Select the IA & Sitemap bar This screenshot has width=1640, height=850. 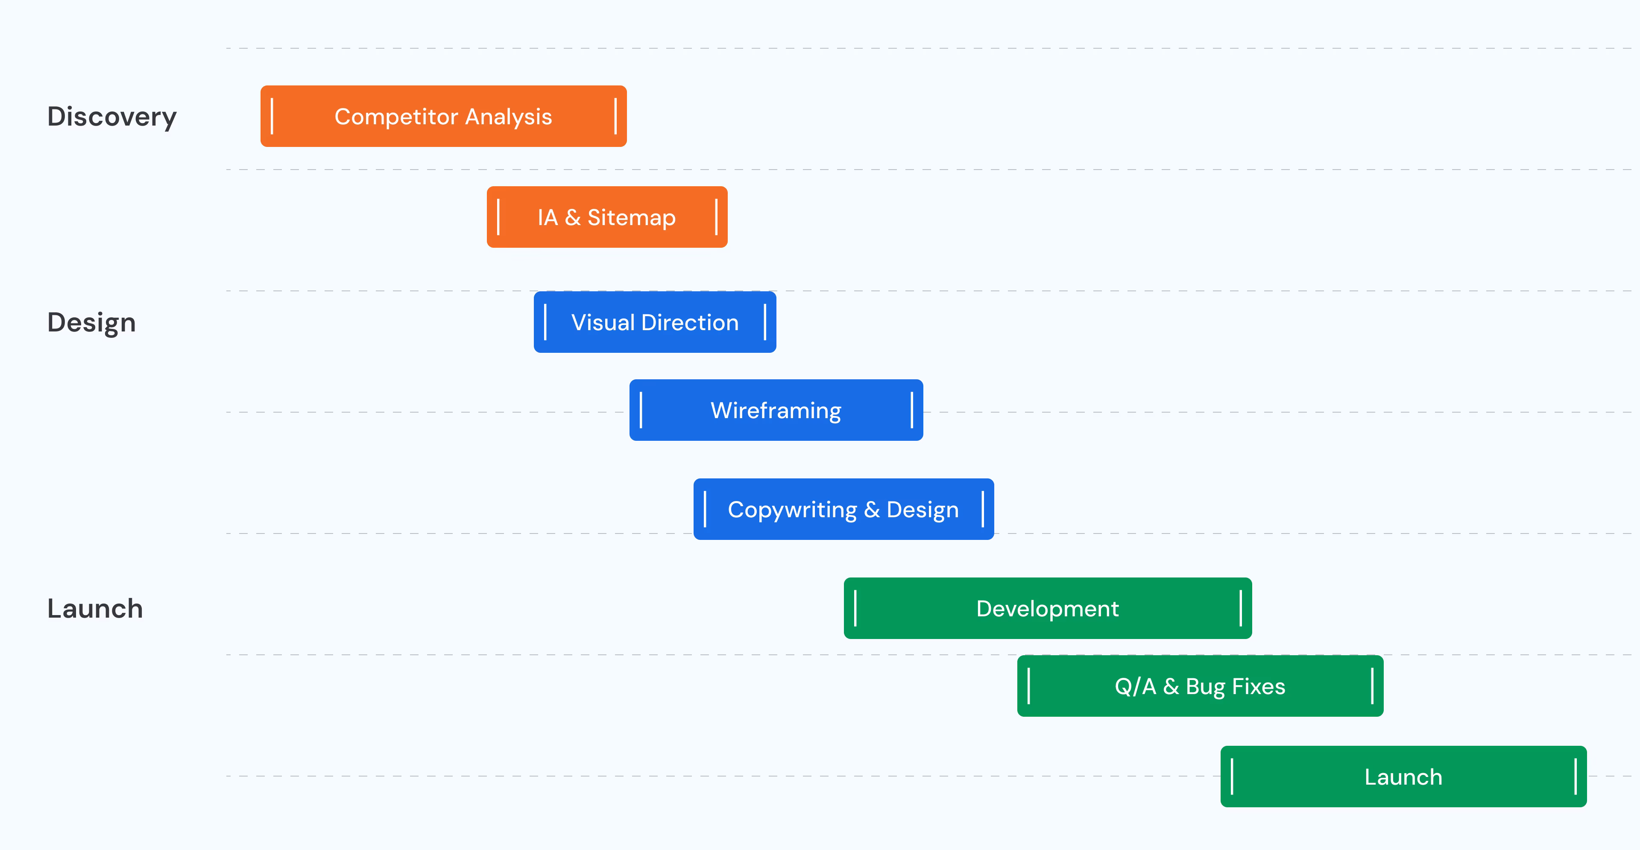coord(607,217)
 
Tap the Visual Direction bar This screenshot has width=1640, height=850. coord(654,322)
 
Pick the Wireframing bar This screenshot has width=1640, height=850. coord(776,410)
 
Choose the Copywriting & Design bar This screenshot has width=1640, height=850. coord(843,510)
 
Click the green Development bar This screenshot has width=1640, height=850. coord(1047,608)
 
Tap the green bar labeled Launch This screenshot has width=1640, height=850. coord(1403,777)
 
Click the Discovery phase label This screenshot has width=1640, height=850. coord(112,117)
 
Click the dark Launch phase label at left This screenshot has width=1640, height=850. coord(95,609)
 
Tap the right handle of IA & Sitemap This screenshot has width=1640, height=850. coord(716,217)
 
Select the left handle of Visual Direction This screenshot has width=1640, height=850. coord(546,322)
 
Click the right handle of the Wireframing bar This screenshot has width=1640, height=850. coord(912,410)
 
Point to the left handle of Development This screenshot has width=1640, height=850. coord(855,608)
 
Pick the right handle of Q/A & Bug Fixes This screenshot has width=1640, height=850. coord(1372,686)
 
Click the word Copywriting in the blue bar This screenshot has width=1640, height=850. coord(792,510)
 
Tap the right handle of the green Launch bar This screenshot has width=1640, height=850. coord(1575,777)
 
